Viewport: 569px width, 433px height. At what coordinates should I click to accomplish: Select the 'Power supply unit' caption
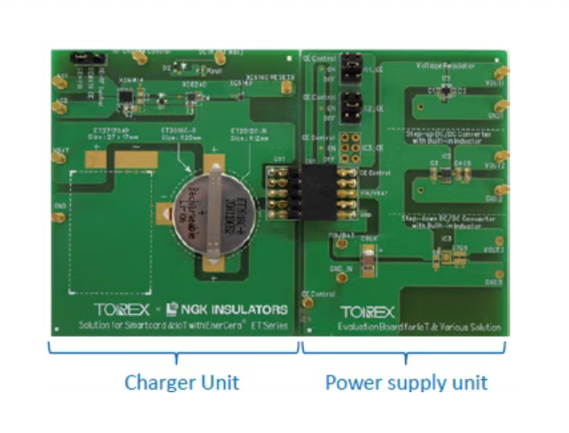[x=406, y=383]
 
